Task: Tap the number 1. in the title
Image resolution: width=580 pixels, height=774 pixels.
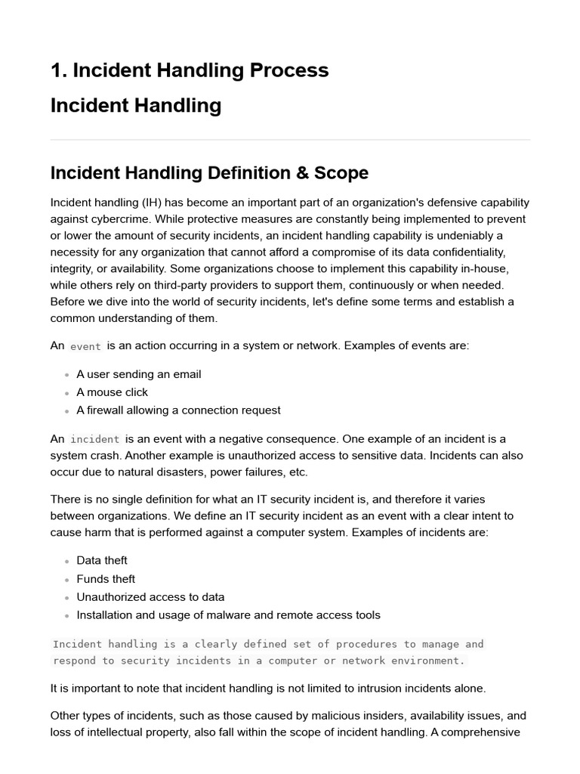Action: point(59,70)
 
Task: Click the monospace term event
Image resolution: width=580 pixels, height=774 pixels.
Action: point(85,346)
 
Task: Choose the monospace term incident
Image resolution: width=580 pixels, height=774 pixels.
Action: point(94,439)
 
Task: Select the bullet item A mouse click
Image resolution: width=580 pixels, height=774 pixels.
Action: point(112,392)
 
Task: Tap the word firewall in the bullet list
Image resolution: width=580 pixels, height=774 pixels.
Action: point(108,410)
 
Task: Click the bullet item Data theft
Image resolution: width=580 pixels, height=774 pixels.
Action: point(102,560)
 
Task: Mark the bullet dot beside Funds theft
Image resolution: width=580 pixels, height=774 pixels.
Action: point(67,580)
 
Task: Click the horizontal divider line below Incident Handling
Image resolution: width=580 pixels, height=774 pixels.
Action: point(290,140)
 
